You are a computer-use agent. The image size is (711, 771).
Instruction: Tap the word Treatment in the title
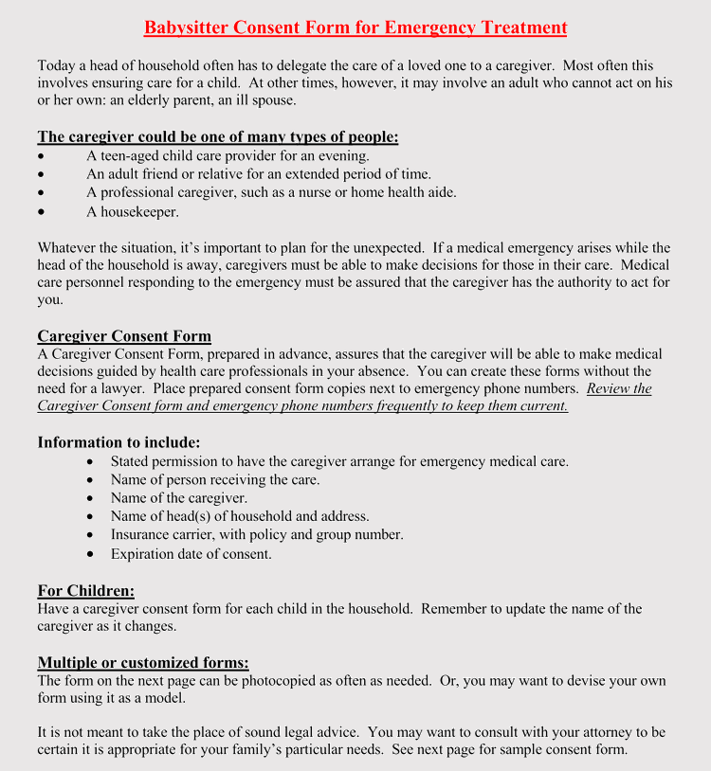coord(522,27)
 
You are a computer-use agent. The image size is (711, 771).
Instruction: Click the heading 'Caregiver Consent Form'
coord(124,336)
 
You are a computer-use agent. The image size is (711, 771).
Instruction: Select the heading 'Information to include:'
coord(118,442)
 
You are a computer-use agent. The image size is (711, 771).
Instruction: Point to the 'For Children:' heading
coord(86,591)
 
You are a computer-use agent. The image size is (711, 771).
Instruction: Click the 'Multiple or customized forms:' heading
coord(143,663)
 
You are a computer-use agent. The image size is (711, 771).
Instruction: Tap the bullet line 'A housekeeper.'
coord(133,212)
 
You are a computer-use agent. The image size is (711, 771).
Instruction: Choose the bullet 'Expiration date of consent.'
coord(191,554)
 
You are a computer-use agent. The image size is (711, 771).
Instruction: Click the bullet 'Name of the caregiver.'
coord(179,498)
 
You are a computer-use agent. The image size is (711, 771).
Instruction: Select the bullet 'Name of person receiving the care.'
coord(215,480)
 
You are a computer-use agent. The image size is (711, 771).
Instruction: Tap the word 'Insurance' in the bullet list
coord(141,535)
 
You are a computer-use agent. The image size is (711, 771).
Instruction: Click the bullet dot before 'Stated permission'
coord(89,462)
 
